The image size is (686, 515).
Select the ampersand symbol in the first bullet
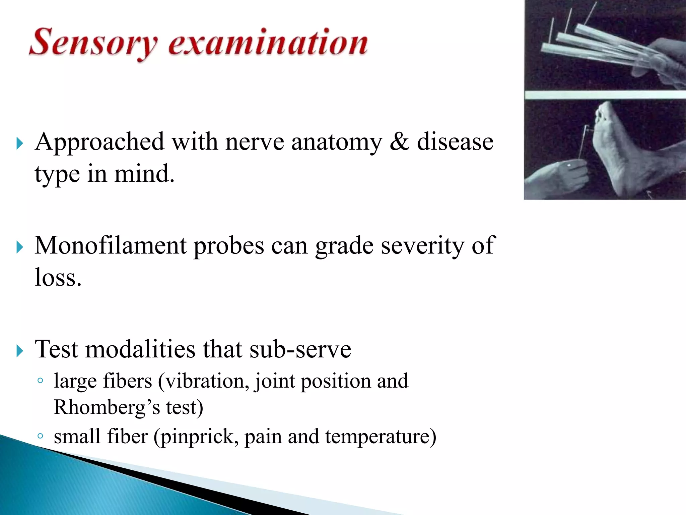point(399,141)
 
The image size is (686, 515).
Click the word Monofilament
point(111,246)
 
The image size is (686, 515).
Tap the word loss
point(58,278)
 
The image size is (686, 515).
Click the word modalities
point(140,349)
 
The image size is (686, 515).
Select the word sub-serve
point(300,349)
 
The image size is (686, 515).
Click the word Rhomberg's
point(107,408)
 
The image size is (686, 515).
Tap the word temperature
point(381,437)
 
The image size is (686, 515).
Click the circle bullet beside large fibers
point(40,381)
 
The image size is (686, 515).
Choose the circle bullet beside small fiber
point(40,436)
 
